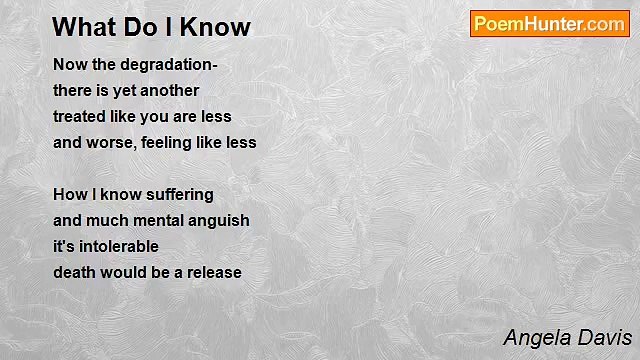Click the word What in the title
(81, 27)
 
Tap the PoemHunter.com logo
(549, 24)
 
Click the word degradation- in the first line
(169, 65)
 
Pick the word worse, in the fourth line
(110, 143)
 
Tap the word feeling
(169, 143)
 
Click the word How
(68, 194)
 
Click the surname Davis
(605, 337)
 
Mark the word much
(105, 220)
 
